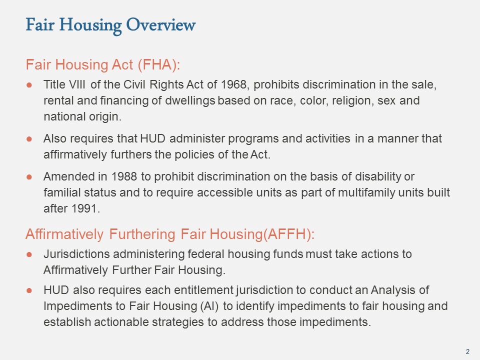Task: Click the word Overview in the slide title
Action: point(160,24)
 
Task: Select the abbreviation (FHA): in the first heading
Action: point(159,65)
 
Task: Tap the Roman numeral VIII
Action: point(77,84)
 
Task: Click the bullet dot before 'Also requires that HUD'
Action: point(29,139)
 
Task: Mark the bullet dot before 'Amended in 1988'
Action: point(29,177)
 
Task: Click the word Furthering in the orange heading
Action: point(142,234)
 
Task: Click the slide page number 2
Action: point(467,351)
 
